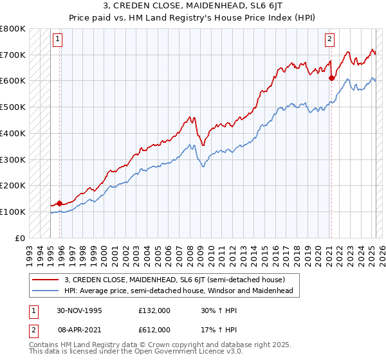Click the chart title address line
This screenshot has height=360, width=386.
193,6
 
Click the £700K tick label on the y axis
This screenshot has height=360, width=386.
13,55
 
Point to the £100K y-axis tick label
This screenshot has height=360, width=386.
13,212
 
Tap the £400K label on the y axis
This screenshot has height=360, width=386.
13,133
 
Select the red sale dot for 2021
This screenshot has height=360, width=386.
331,78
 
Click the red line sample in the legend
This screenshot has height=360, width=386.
46,280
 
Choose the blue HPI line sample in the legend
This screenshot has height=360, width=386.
46,291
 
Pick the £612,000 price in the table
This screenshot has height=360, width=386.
154,329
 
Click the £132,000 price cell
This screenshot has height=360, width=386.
154,310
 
